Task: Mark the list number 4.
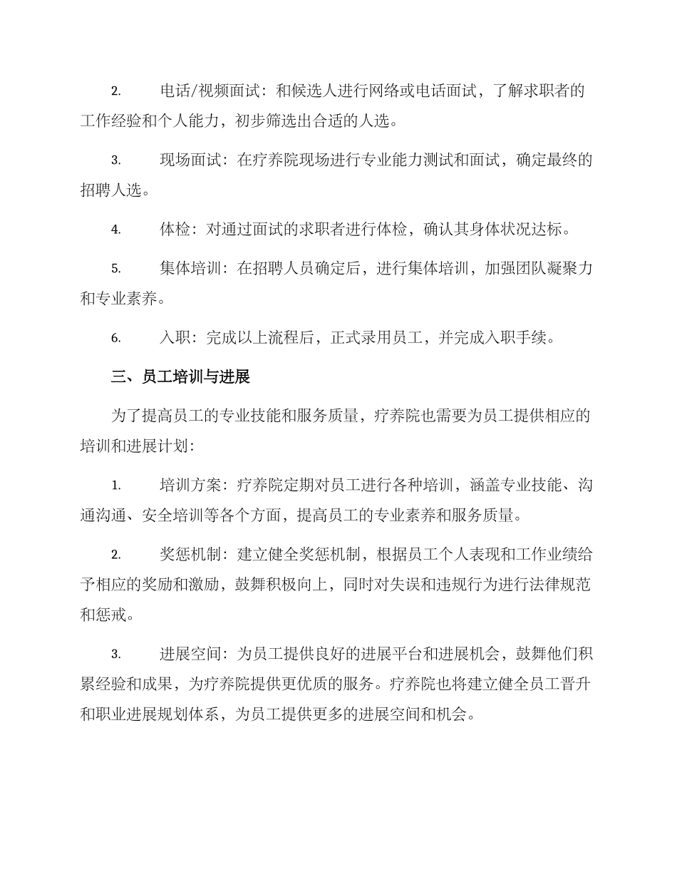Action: point(115,230)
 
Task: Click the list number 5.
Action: point(115,269)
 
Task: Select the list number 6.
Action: point(115,338)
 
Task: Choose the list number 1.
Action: point(115,486)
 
